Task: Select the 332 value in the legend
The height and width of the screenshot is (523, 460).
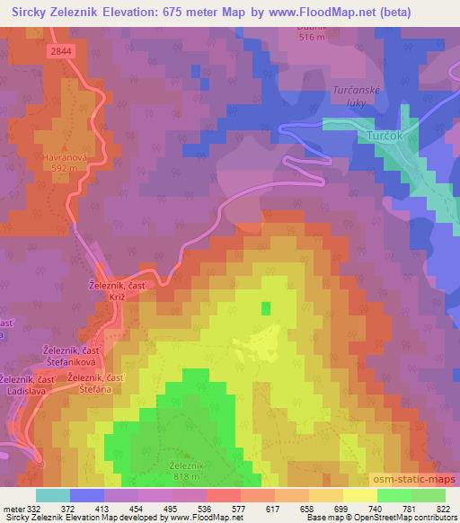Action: [x=35, y=508]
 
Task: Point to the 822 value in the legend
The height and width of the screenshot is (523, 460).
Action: [x=442, y=508]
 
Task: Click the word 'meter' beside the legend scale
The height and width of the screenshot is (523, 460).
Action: [x=13, y=508]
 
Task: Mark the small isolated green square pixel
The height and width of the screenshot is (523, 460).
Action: [x=265, y=308]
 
